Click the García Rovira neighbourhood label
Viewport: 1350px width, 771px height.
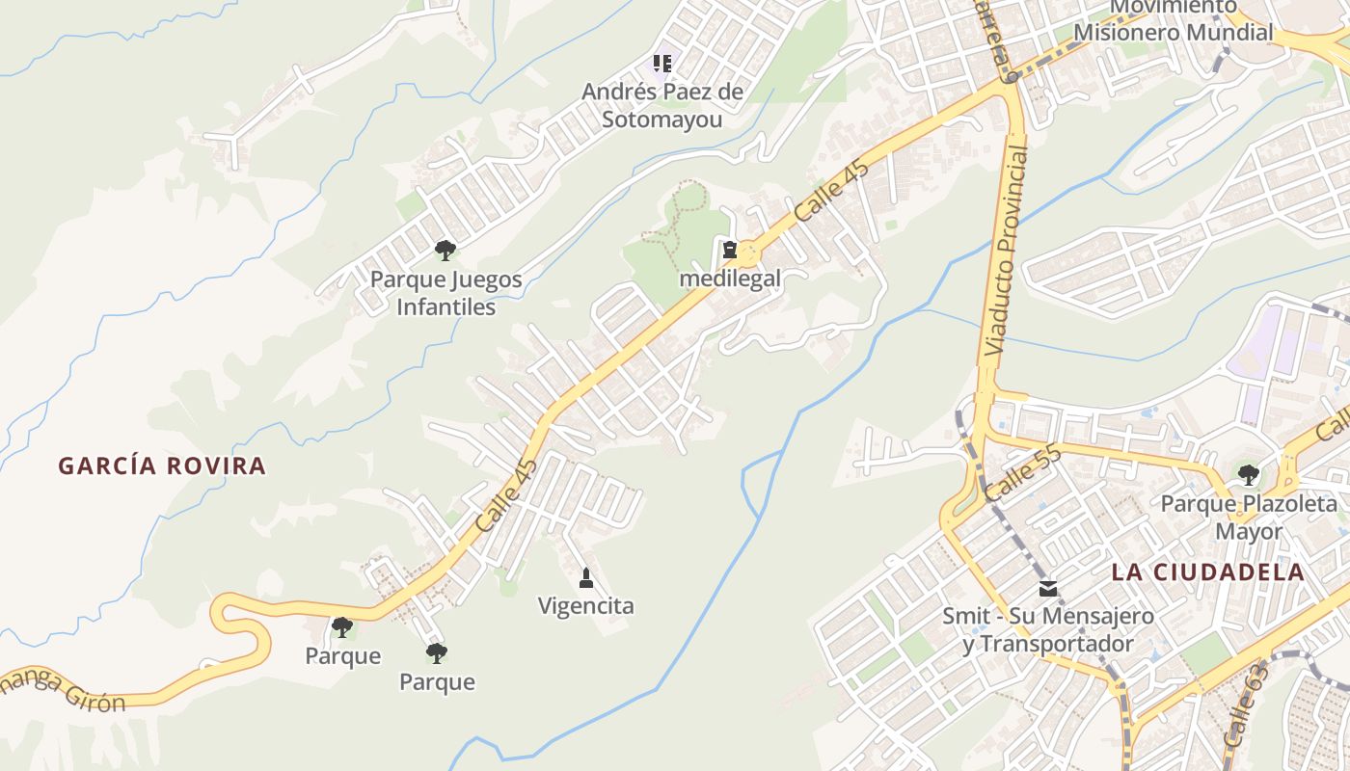pyautogui.click(x=162, y=466)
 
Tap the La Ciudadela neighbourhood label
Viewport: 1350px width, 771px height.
pyautogui.click(x=1207, y=572)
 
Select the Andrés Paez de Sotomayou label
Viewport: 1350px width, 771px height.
pyautogui.click(x=662, y=106)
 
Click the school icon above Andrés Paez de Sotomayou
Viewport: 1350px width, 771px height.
pyautogui.click(x=662, y=64)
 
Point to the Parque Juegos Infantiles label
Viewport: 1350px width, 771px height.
pyautogui.click(x=446, y=293)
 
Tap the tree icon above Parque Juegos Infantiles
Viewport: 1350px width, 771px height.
pyautogui.click(x=445, y=251)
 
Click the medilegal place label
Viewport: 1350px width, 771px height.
pyautogui.click(x=730, y=279)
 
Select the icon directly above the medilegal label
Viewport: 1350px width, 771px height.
pyautogui.click(x=730, y=251)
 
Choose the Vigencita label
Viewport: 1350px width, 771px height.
pyautogui.click(x=586, y=606)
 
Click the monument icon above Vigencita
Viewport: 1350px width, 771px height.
pyautogui.click(x=585, y=578)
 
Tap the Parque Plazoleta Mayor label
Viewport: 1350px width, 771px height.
pyautogui.click(x=1235, y=518)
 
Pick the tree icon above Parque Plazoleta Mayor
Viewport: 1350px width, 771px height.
pyautogui.click(x=1249, y=474)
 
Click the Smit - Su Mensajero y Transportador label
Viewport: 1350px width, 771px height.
pyautogui.click(x=1048, y=629)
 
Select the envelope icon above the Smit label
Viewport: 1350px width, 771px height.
pyautogui.click(x=1048, y=588)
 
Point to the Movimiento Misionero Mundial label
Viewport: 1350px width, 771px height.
pyautogui.click(x=1174, y=20)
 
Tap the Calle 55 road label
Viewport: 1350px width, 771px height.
pyautogui.click(x=1023, y=472)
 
